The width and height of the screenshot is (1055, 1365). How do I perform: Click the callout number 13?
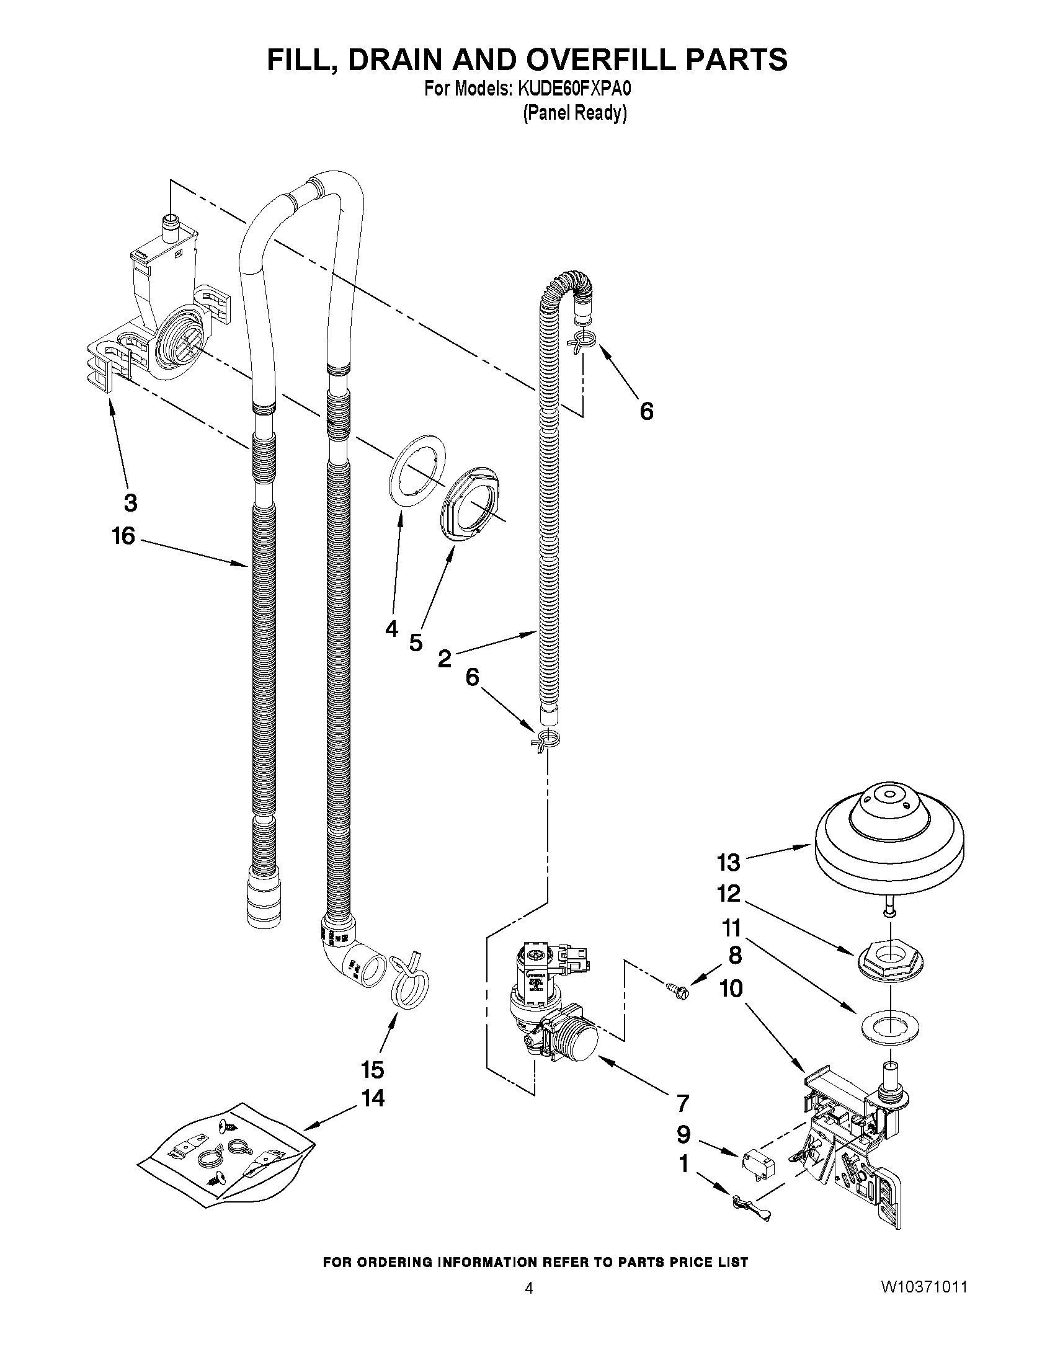click(x=728, y=863)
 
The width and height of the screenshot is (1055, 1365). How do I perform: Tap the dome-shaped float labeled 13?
click(x=888, y=840)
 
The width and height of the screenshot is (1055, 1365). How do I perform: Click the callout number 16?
click(x=123, y=536)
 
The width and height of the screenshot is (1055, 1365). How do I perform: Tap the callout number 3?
click(x=130, y=502)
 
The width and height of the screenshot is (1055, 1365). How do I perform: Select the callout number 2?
click(x=444, y=658)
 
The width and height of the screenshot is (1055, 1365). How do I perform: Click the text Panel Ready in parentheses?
click(x=574, y=113)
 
